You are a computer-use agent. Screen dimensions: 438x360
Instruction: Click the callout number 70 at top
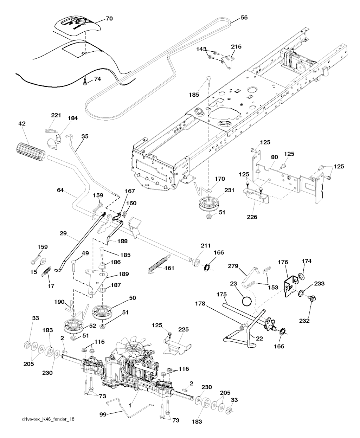click(109, 19)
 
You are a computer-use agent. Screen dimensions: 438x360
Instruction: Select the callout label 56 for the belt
click(234, 17)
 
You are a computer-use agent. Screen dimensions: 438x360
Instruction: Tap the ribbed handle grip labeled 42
click(30, 152)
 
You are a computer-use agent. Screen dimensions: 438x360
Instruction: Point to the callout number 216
click(236, 46)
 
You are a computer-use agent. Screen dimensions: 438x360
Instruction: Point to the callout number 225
click(184, 329)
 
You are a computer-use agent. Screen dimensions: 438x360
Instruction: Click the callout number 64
click(60, 191)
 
